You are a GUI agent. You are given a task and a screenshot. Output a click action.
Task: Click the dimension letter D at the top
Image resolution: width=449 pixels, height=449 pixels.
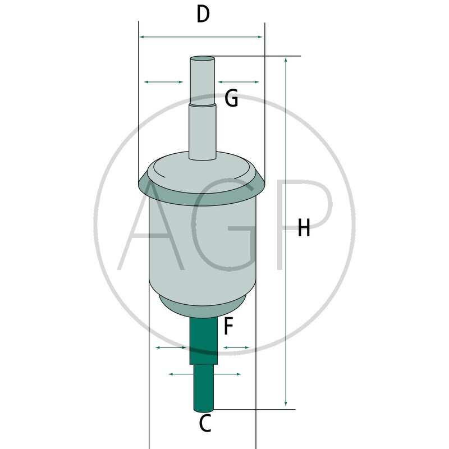pos(203,14)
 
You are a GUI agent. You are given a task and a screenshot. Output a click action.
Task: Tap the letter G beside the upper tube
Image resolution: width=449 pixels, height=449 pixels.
pos(231,98)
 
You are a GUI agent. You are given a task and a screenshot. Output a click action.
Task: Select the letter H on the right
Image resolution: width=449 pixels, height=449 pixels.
pos(304,228)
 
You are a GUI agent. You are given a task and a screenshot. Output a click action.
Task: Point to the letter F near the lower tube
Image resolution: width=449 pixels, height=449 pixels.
pos(228,326)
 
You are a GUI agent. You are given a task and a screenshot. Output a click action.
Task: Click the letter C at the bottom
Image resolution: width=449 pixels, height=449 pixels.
pos(205,423)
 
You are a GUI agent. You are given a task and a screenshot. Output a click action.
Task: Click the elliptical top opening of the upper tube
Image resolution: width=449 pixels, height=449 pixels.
pos(203,59)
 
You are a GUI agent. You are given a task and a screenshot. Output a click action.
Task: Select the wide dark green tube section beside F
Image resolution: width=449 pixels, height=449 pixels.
pos(204,341)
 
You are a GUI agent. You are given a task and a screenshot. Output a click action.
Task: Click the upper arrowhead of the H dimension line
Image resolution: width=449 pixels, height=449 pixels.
pos(286,60)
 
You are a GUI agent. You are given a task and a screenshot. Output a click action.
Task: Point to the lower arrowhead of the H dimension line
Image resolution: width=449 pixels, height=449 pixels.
pos(286,403)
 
